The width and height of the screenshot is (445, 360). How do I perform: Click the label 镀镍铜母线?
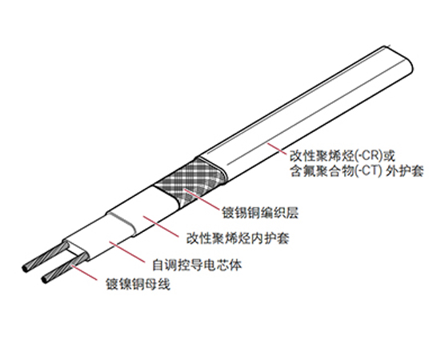[138, 284]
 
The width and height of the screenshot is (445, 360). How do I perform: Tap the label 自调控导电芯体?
[197, 266]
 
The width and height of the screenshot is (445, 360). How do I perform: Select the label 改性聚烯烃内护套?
[238, 238]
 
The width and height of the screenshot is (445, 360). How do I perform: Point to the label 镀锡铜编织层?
[260, 213]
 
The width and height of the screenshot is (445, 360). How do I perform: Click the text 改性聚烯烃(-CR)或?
[343, 156]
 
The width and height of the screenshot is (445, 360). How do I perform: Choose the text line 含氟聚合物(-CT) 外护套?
[357, 171]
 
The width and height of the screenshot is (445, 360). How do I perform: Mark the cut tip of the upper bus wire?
[25, 269]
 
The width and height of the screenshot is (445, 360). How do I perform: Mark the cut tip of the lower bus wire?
[44, 279]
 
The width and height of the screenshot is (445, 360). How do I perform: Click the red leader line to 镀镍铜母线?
[84, 273]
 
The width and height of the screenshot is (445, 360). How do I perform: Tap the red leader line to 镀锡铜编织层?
[202, 199]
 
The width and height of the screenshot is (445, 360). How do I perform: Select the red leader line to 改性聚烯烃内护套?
[161, 226]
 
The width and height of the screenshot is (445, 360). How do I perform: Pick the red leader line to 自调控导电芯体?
[127, 252]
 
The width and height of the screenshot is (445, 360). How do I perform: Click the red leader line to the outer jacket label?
[277, 149]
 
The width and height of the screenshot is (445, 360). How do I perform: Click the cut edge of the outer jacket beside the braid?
[213, 169]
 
